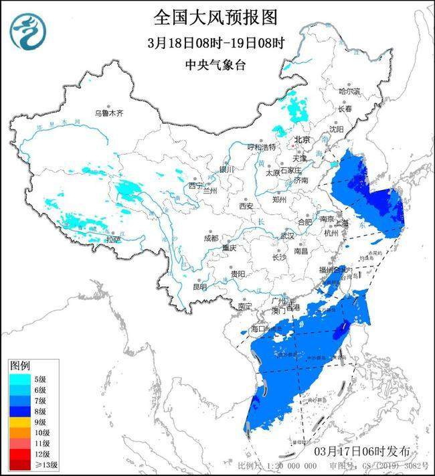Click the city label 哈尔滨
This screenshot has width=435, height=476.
[349, 91]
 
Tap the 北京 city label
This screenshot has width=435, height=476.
[302, 140]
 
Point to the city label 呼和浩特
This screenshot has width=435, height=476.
[261, 147]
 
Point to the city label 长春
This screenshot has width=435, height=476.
[345, 108]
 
